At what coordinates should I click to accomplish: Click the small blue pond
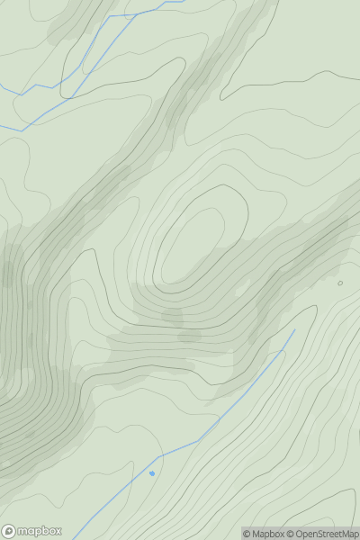pyautogui.click(x=152, y=472)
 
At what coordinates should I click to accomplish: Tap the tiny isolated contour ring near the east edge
pyautogui.click(x=340, y=283)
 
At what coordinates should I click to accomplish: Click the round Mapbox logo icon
pyautogui.click(x=9, y=531)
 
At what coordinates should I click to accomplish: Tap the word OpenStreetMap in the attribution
pyautogui.click(x=326, y=534)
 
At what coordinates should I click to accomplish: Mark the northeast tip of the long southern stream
pyautogui.click(x=294, y=330)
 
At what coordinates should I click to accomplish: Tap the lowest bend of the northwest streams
pyautogui.click(x=20, y=131)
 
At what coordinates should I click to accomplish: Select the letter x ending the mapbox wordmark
pyautogui.click(x=58, y=531)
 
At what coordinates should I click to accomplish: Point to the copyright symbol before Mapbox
pyautogui.click(x=247, y=534)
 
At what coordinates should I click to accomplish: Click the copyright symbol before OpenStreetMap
pyautogui.click(x=290, y=534)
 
